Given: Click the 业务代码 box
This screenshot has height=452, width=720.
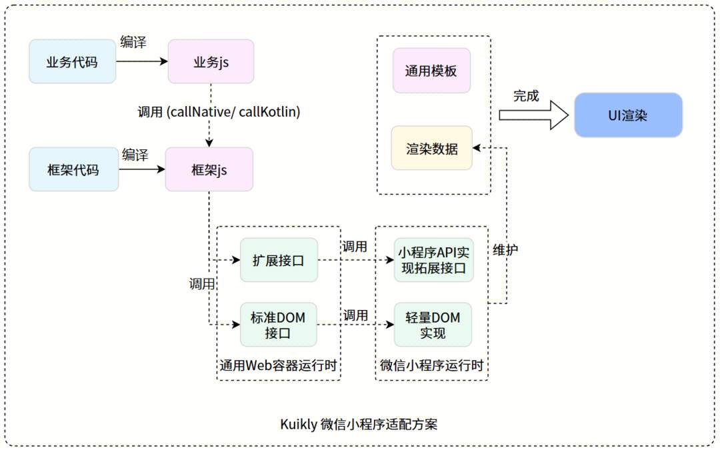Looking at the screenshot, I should click(x=72, y=62).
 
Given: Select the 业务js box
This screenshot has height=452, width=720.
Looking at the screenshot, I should click(x=211, y=62).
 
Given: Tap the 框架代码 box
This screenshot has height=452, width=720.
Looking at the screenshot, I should click(x=73, y=169).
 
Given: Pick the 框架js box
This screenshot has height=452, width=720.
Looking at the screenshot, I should click(x=209, y=169).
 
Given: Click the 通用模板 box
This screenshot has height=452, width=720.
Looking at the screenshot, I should click(x=431, y=70).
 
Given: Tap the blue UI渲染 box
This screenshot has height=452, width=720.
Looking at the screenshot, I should click(x=628, y=115).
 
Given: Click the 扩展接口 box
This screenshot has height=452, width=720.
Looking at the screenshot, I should click(x=278, y=260).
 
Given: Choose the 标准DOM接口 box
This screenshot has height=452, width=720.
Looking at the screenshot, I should click(x=278, y=325).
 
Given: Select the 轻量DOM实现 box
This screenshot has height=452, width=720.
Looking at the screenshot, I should click(x=433, y=325).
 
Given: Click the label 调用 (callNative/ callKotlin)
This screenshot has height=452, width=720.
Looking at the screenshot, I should click(x=219, y=112).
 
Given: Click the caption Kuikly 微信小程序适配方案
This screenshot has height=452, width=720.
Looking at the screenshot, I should click(x=359, y=424).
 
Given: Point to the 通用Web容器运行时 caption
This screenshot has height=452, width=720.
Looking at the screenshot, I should click(x=278, y=365).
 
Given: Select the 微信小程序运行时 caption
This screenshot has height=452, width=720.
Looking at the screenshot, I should click(x=431, y=365).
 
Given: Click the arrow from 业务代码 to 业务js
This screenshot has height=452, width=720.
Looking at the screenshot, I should click(x=141, y=61).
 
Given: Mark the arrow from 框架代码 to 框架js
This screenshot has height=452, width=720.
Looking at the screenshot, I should click(x=141, y=169).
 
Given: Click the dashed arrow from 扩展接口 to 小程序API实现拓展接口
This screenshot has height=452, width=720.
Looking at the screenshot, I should click(x=355, y=260).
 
